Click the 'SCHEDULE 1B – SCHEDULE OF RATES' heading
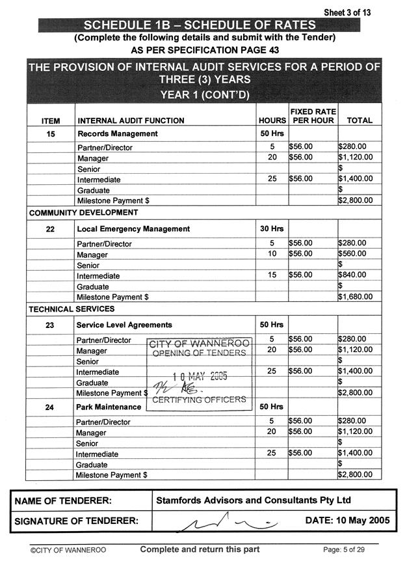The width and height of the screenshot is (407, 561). (x=200, y=25)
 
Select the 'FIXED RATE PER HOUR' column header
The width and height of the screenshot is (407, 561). (x=313, y=116)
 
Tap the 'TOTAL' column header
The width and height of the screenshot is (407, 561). (x=360, y=120)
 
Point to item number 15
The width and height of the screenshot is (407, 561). (x=50, y=134)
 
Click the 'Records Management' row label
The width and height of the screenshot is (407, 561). (x=117, y=134)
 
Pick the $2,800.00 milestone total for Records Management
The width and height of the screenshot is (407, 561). (x=355, y=200)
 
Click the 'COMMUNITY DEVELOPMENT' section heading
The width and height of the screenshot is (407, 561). (x=83, y=213)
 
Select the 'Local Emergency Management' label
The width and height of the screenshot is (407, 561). (x=133, y=229)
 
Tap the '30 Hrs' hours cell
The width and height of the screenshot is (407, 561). (x=272, y=229)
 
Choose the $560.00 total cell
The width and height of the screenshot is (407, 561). (x=353, y=254)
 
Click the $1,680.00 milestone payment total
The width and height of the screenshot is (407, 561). (x=355, y=297)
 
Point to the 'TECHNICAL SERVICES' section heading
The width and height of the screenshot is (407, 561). (x=72, y=309)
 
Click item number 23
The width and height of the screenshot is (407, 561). (x=50, y=325)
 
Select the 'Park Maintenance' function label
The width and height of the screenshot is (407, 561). (x=109, y=407)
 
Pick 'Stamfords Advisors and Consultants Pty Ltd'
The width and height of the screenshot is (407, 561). (x=254, y=500)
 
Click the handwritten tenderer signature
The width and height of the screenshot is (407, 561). (x=221, y=520)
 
